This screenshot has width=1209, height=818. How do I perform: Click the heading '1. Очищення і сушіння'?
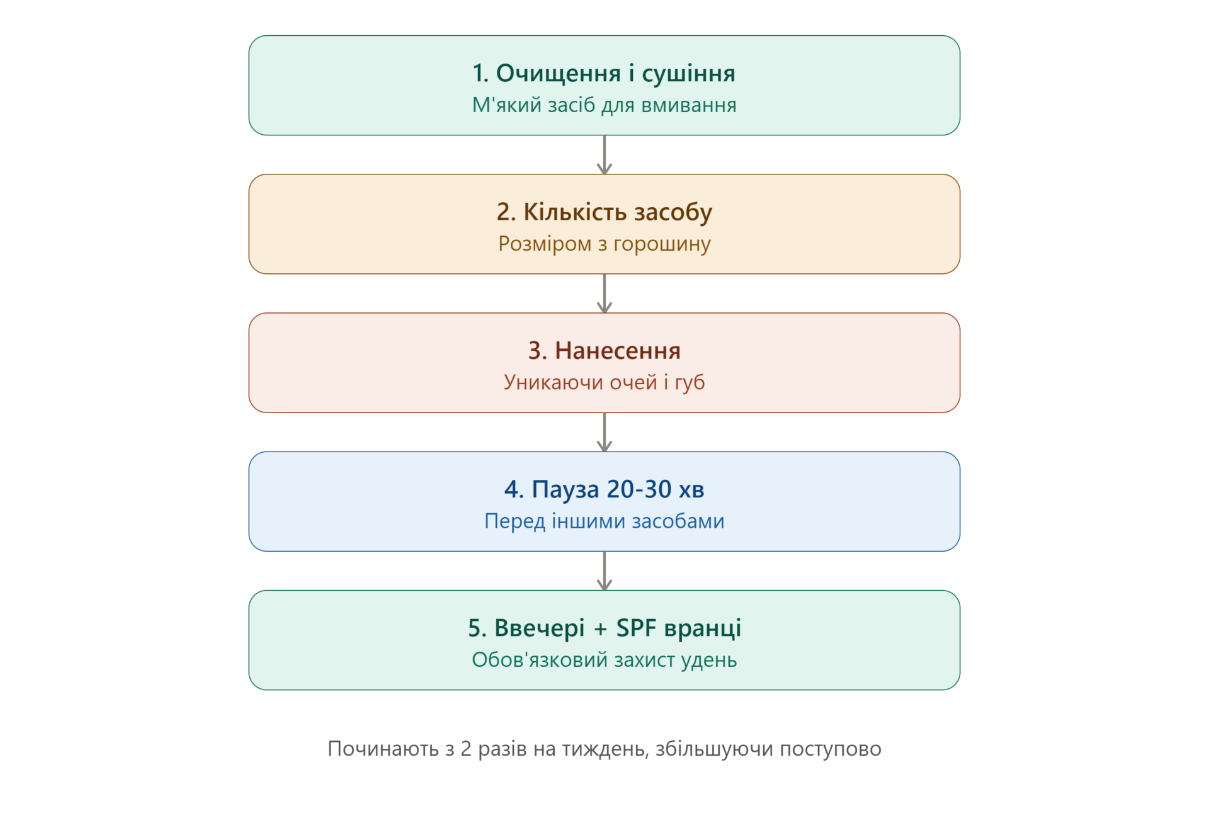coord(604,74)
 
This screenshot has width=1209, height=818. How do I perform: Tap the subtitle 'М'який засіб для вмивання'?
coord(604,105)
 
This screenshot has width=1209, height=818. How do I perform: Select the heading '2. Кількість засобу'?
coord(604,212)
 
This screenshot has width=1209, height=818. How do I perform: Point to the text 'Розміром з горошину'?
coord(604,244)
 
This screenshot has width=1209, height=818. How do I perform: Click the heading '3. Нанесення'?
coord(604,351)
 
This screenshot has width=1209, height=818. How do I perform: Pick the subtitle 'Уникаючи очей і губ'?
coord(604,382)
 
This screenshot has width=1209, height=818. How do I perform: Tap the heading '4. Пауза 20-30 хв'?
coord(604,489)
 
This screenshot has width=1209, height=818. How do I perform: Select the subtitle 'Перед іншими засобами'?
coord(604,521)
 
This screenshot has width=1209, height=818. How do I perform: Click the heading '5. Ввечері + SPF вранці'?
coord(604,628)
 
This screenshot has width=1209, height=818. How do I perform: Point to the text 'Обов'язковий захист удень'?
coord(604,659)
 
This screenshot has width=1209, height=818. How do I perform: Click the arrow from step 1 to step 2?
coord(604,155)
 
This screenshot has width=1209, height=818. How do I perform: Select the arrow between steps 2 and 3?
coord(604,293)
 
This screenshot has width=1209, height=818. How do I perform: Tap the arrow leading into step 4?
coord(604,432)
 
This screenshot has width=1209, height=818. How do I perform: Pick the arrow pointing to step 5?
coord(604,571)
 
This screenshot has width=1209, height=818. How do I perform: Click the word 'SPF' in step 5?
coord(636,628)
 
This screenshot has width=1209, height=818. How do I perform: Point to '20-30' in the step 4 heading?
coord(639,489)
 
